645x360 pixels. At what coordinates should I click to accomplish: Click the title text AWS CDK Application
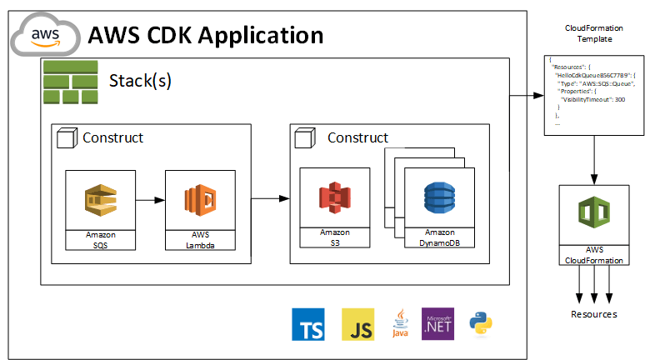point(205,35)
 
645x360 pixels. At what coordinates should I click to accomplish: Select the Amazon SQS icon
point(101,200)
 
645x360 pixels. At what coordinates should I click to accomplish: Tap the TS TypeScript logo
point(307,323)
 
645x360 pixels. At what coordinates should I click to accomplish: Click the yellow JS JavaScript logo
point(357,323)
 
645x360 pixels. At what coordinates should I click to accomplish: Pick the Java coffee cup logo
point(399,323)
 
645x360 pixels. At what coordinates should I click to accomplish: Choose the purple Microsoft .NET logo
point(438,322)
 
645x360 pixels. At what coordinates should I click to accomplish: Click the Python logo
point(482,323)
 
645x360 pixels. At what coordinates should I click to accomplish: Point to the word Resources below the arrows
point(593,314)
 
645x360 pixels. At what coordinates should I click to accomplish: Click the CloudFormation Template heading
point(594,34)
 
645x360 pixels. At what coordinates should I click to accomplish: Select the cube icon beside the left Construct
point(67,138)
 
